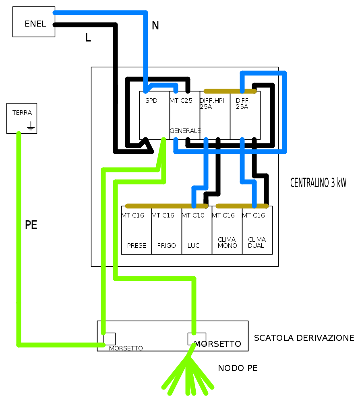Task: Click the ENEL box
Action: point(34,22)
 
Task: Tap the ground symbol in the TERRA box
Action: point(31,126)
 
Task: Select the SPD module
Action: point(155,115)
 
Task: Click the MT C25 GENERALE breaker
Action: point(185,115)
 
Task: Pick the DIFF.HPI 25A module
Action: point(215,115)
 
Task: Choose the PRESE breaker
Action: point(137,230)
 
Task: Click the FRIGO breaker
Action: point(167,230)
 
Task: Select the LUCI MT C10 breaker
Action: point(197,230)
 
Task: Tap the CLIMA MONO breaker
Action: point(227,230)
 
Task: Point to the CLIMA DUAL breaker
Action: point(257,230)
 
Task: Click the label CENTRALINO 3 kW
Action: point(318,183)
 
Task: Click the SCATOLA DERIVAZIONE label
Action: point(304,338)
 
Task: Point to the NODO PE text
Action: point(238,368)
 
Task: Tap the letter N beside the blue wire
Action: point(155,25)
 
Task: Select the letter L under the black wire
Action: point(88,38)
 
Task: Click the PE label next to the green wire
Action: point(31,225)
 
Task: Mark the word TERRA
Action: point(22,113)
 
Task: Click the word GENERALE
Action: point(185,131)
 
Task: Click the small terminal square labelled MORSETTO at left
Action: point(110,339)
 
